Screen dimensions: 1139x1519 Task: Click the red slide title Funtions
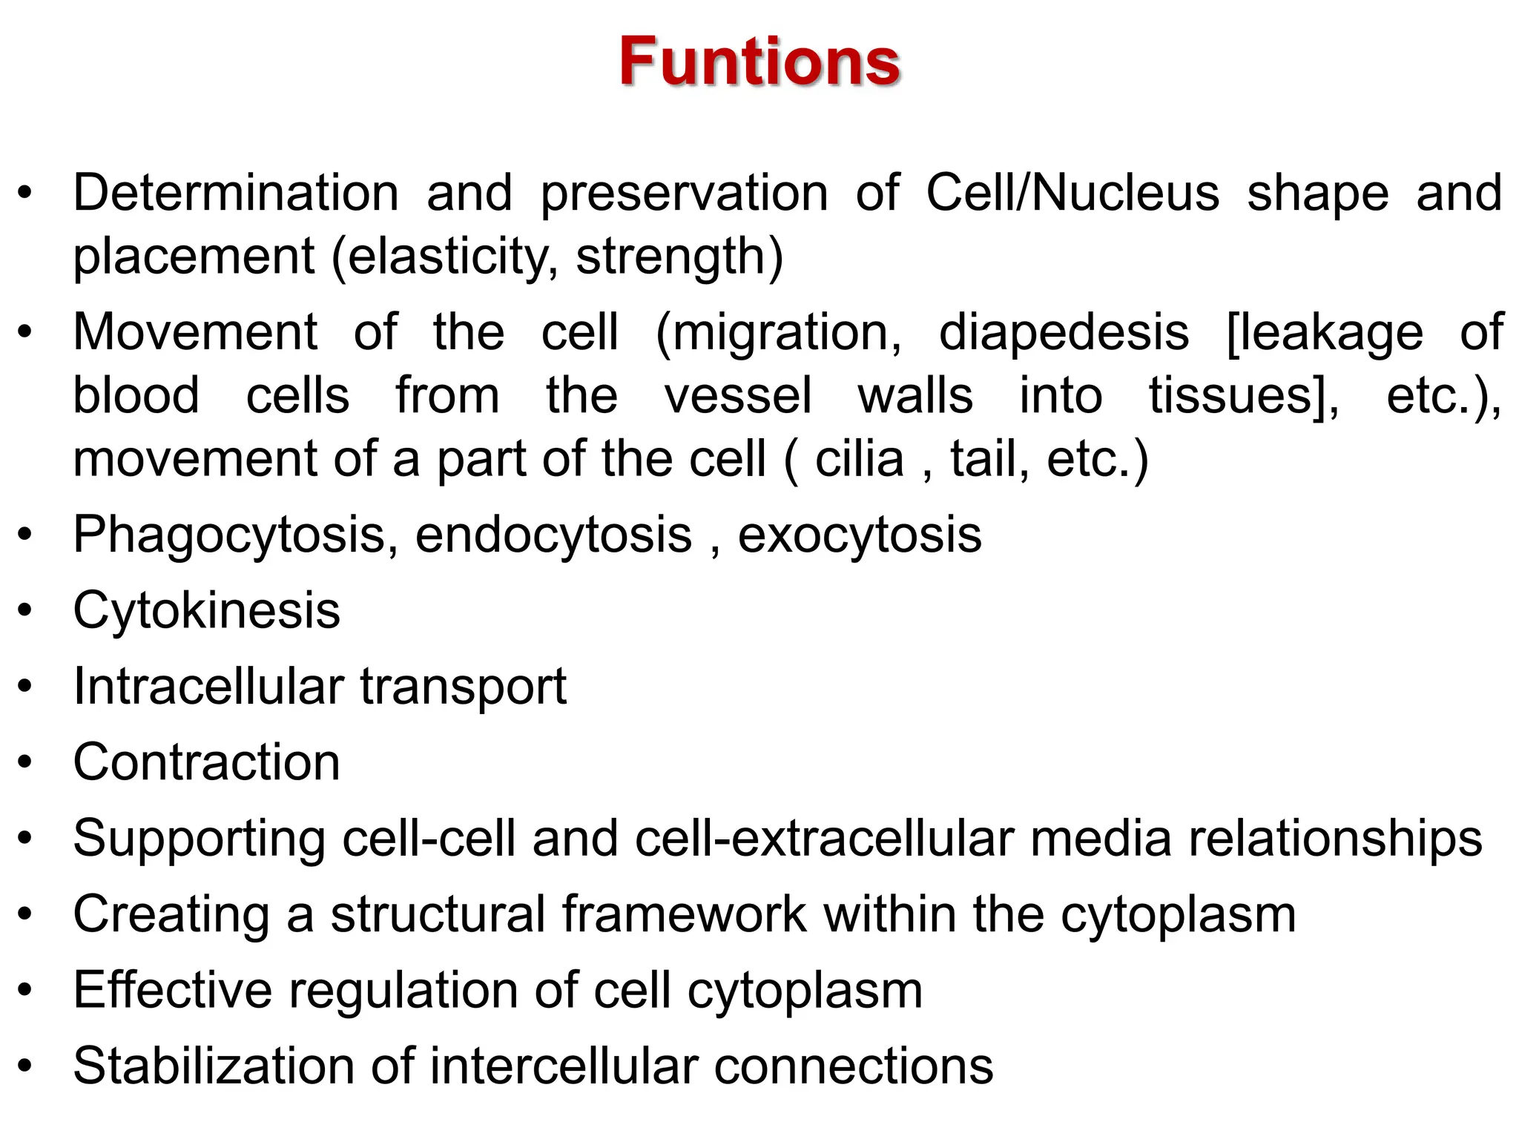pos(759,62)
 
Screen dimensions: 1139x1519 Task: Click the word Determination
pos(236,194)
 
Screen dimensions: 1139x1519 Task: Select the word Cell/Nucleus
pos(1072,194)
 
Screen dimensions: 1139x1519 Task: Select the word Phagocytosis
pos(229,535)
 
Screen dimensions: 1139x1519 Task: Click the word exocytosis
pos(859,535)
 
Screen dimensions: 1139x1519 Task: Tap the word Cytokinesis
pos(206,611)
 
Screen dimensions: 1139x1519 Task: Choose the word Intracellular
pos(208,687)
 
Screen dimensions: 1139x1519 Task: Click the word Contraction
pos(206,762)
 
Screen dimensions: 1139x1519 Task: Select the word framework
pos(683,914)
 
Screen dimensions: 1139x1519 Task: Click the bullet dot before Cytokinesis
pos(26,611)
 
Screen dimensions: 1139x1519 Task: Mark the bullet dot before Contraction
pos(26,762)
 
